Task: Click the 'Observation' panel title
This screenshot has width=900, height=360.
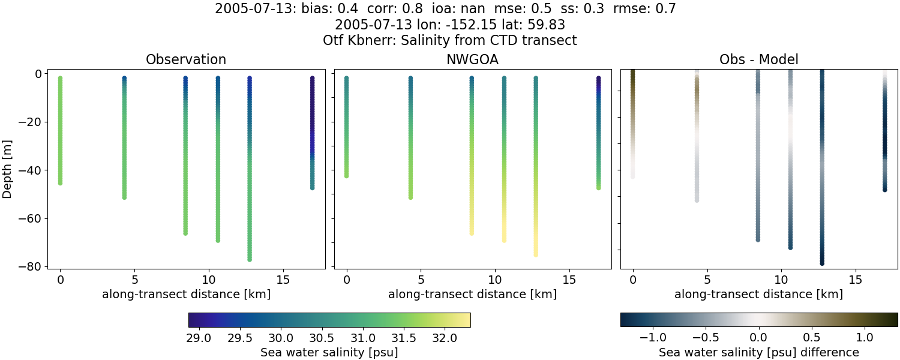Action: [x=186, y=59]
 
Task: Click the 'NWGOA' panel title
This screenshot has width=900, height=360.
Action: [x=472, y=59]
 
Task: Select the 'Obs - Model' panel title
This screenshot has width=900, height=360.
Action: [x=758, y=59]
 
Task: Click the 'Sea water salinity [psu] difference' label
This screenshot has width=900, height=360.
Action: [x=758, y=352]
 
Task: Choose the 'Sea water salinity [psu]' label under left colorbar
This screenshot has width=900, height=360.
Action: [x=329, y=352]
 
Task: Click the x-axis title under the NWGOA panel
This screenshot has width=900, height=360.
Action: [x=472, y=295]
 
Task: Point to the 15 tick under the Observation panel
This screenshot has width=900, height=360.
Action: [x=283, y=280]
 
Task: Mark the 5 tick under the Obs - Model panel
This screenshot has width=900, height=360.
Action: [x=707, y=280]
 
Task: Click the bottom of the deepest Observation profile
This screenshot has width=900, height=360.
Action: [x=249, y=259]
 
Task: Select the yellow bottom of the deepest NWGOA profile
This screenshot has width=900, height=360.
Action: [x=536, y=254]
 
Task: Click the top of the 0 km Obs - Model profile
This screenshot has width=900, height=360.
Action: [x=633, y=72]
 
